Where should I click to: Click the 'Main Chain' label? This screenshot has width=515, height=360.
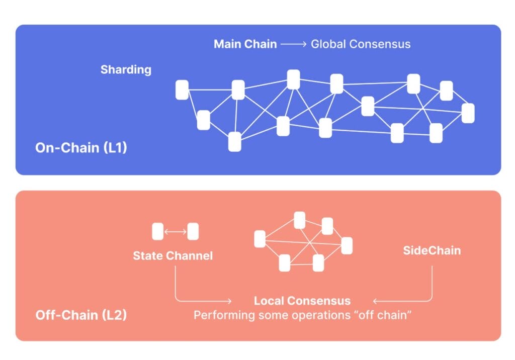coord(245,44)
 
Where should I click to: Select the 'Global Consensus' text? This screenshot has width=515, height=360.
coord(360,44)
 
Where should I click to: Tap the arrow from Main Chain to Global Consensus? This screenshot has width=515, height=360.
coord(293,44)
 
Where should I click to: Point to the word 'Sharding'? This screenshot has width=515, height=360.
coord(126,69)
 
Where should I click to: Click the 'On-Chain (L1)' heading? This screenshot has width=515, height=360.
coord(81,148)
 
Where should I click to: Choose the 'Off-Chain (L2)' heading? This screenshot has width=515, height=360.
coord(81,315)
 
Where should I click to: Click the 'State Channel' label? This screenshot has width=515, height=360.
coord(173,256)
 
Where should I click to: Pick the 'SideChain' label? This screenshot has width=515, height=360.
coord(432,250)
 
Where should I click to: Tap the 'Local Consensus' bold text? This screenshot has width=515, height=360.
coord(302,301)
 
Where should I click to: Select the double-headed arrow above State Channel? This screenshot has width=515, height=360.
coord(176,232)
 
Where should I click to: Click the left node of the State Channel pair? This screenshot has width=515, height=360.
coord(158,232)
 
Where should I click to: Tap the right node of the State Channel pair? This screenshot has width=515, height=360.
coord(193,232)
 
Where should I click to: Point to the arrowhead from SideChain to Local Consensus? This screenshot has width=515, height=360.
coord(375,301)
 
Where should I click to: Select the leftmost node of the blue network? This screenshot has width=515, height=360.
coord(182,90)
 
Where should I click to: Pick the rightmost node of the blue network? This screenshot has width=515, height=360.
coord(468,113)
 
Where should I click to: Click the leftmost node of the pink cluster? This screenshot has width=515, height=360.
coord(260,239)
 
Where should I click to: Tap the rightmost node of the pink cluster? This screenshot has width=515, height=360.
coord(347,245)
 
